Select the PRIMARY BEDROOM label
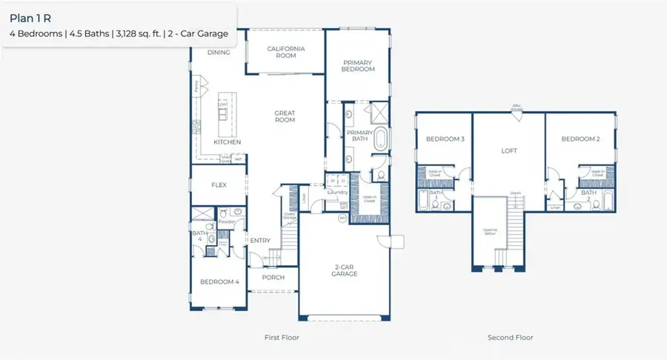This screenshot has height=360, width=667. pos(358,65)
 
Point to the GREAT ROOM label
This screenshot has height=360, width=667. pos(285,117)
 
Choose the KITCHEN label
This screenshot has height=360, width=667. pos(227,141)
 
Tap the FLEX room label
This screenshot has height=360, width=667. pos(219,185)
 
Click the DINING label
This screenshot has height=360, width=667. pos(219,53)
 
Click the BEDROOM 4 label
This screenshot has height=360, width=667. pos(219,281)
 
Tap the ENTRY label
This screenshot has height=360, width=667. pos(260,240)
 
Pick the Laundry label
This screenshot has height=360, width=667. pos(338,193)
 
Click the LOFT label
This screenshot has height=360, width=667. pos(509,150)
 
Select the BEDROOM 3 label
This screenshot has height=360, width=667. pos(445,139)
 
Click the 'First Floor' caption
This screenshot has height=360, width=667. pos(282,337)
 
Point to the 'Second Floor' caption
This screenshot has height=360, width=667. pos(510,337)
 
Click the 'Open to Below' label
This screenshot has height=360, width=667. pos(490,232)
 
